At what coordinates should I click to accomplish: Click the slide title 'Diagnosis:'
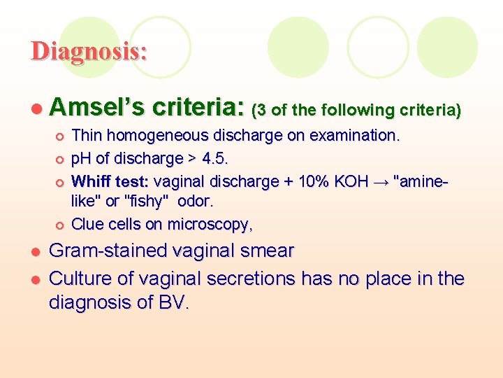(x=89, y=51)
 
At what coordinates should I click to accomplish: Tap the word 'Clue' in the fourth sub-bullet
(x=87, y=224)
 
